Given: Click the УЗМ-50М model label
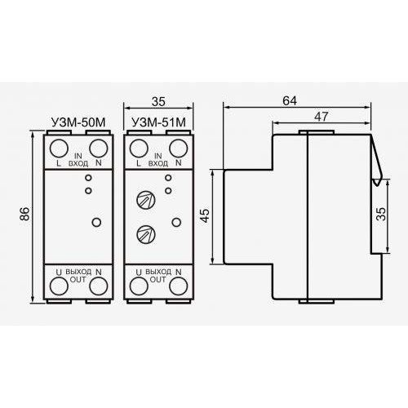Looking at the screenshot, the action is (78, 122).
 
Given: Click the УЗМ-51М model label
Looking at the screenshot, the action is (159, 122).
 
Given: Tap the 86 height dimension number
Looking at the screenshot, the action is (24, 214).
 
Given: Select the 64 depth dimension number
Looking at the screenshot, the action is (290, 101).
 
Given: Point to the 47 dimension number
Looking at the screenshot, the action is (322, 117).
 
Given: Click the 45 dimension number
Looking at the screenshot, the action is (206, 215).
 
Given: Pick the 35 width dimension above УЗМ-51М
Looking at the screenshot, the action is (158, 102).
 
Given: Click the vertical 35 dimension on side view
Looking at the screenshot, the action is (381, 214).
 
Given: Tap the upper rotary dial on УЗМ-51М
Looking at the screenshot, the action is (146, 200).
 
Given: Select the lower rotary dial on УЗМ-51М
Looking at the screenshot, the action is (146, 234).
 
